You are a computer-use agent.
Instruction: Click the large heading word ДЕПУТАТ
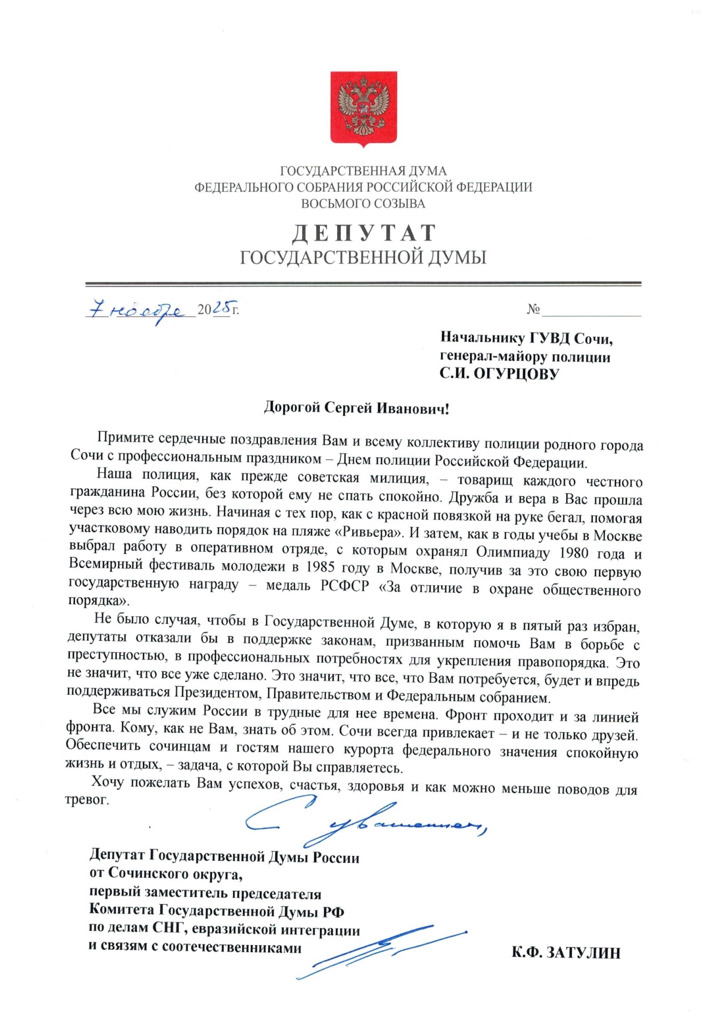pyautogui.click(x=364, y=233)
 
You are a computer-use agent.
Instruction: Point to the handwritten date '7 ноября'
pyautogui.click(x=140, y=311)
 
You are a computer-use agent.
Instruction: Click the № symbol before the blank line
pyautogui.click(x=533, y=309)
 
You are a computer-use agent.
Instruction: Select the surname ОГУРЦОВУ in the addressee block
pyautogui.click(x=516, y=374)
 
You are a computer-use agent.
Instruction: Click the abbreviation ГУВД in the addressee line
pyautogui.click(x=549, y=338)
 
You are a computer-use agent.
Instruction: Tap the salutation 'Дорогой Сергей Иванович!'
pyautogui.click(x=356, y=408)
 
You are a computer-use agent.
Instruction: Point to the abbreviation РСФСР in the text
pyautogui.click(x=344, y=586)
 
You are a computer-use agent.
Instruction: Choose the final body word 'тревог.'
pyautogui.click(x=87, y=800)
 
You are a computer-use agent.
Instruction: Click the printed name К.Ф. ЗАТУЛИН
pyautogui.click(x=565, y=953)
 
